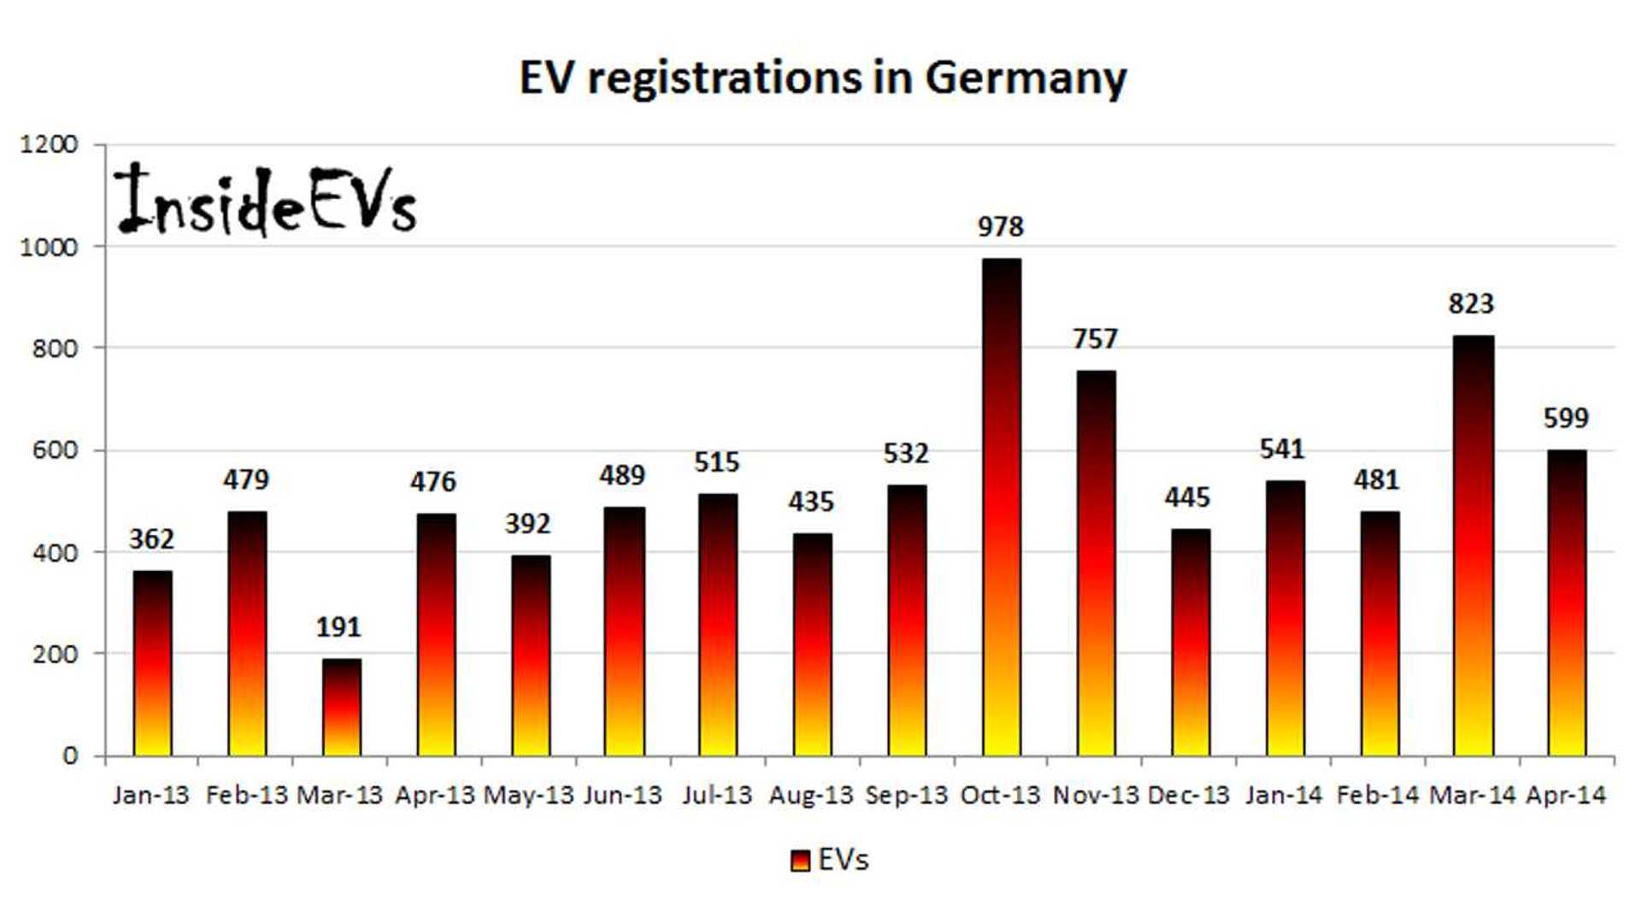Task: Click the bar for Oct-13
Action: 1001,508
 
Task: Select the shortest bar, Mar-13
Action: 341,707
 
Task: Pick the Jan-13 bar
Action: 152,662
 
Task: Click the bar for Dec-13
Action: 1190,642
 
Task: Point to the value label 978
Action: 1000,226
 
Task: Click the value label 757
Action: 1095,338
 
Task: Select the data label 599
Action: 1565,418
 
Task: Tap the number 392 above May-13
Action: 527,523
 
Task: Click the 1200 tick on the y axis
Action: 49,144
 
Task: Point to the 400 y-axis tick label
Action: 55,553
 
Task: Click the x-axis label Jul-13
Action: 716,796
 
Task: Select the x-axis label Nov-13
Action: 1095,796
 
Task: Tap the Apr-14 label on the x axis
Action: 1565,796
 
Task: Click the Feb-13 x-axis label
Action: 246,796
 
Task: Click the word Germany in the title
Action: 1026,79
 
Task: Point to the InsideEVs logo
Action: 265,201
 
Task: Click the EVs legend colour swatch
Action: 799,860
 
